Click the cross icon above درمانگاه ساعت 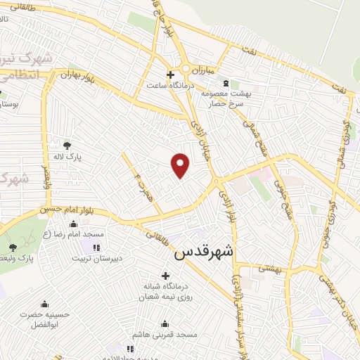[x=170, y=74]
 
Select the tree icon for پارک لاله [x=67, y=146]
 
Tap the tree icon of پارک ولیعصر [x=13, y=247]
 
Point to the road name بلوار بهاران [x=77, y=74]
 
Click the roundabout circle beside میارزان [x=186, y=69]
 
